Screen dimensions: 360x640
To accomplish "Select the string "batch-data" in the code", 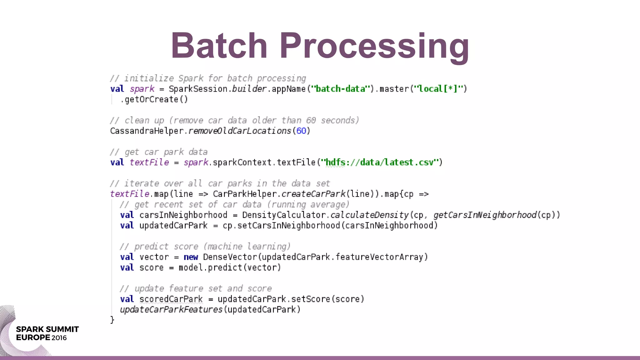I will pyautogui.click(x=340, y=89).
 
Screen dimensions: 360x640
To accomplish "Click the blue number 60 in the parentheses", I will pyautogui.click(x=301, y=131).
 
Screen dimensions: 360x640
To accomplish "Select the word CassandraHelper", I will pyautogui.click(x=147, y=131).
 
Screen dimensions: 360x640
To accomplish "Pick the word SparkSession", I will pyautogui.click(x=198, y=89).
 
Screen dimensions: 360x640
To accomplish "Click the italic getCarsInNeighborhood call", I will pyautogui.click(x=485, y=215).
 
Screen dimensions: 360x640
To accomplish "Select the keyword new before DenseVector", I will pyautogui.click(x=191, y=257).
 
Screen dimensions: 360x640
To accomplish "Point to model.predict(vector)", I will pyautogui.click(x=230, y=268).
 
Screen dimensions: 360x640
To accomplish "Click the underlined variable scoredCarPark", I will pyautogui.click(x=171, y=299).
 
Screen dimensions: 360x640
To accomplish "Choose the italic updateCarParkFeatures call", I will pyautogui.click(x=171, y=310).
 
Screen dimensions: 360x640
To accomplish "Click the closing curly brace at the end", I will pyautogui.click(x=112, y=320).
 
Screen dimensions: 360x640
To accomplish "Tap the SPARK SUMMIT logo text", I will pyautogui.click(x=47, y=329).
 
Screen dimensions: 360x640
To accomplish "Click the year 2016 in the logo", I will pyautogui.click(x=59, y=338).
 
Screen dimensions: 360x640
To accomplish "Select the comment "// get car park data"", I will pyautogui.click(x=159, y=152).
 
